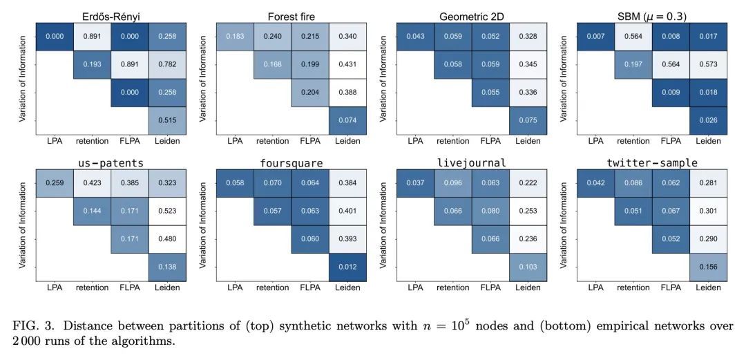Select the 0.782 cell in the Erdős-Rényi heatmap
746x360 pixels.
point(167,66)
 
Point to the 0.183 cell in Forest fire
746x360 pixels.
point(236,38)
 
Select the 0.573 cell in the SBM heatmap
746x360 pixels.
point(709,66)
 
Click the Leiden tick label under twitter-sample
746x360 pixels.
point(709,287)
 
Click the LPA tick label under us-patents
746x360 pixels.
point(55,287)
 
